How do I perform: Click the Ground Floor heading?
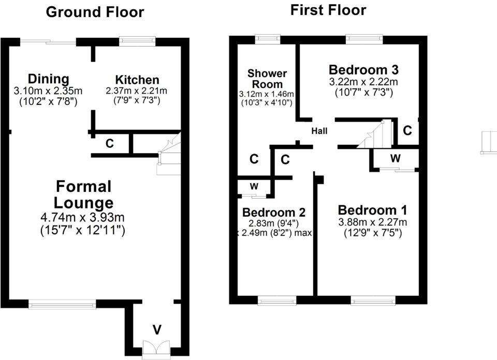pyautogui.click(x=95, y=12)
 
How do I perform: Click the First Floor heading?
pyautogui.click(x=328, y=10)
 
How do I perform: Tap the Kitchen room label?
pyautogui.click(x=137, y=80)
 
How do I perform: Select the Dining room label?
pyautogui.click(x=48, y=79)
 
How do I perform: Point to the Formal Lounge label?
pyautogui.click(x=84, y=194)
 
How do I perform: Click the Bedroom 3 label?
pyautogui.click(x=363, y=70)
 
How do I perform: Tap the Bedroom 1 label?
pyautogui.click(x=372, y=210)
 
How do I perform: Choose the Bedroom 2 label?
pyautogui.click(x=273, y=212)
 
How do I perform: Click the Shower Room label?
pyautogui.click(x=267, y=79)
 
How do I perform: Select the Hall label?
pyautogui.click(x=319, y=131)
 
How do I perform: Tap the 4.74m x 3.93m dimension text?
pyautogui.click(x=83, y=217)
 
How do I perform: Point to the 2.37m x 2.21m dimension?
pyautogui.click(x=137, y=91)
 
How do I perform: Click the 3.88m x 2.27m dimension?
pyautogui.click(x=372, y=222)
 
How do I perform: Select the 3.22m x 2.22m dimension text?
pyautogui.click(x=363, y=82)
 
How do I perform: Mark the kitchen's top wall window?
pyautogui.click(x=137, y=38)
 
